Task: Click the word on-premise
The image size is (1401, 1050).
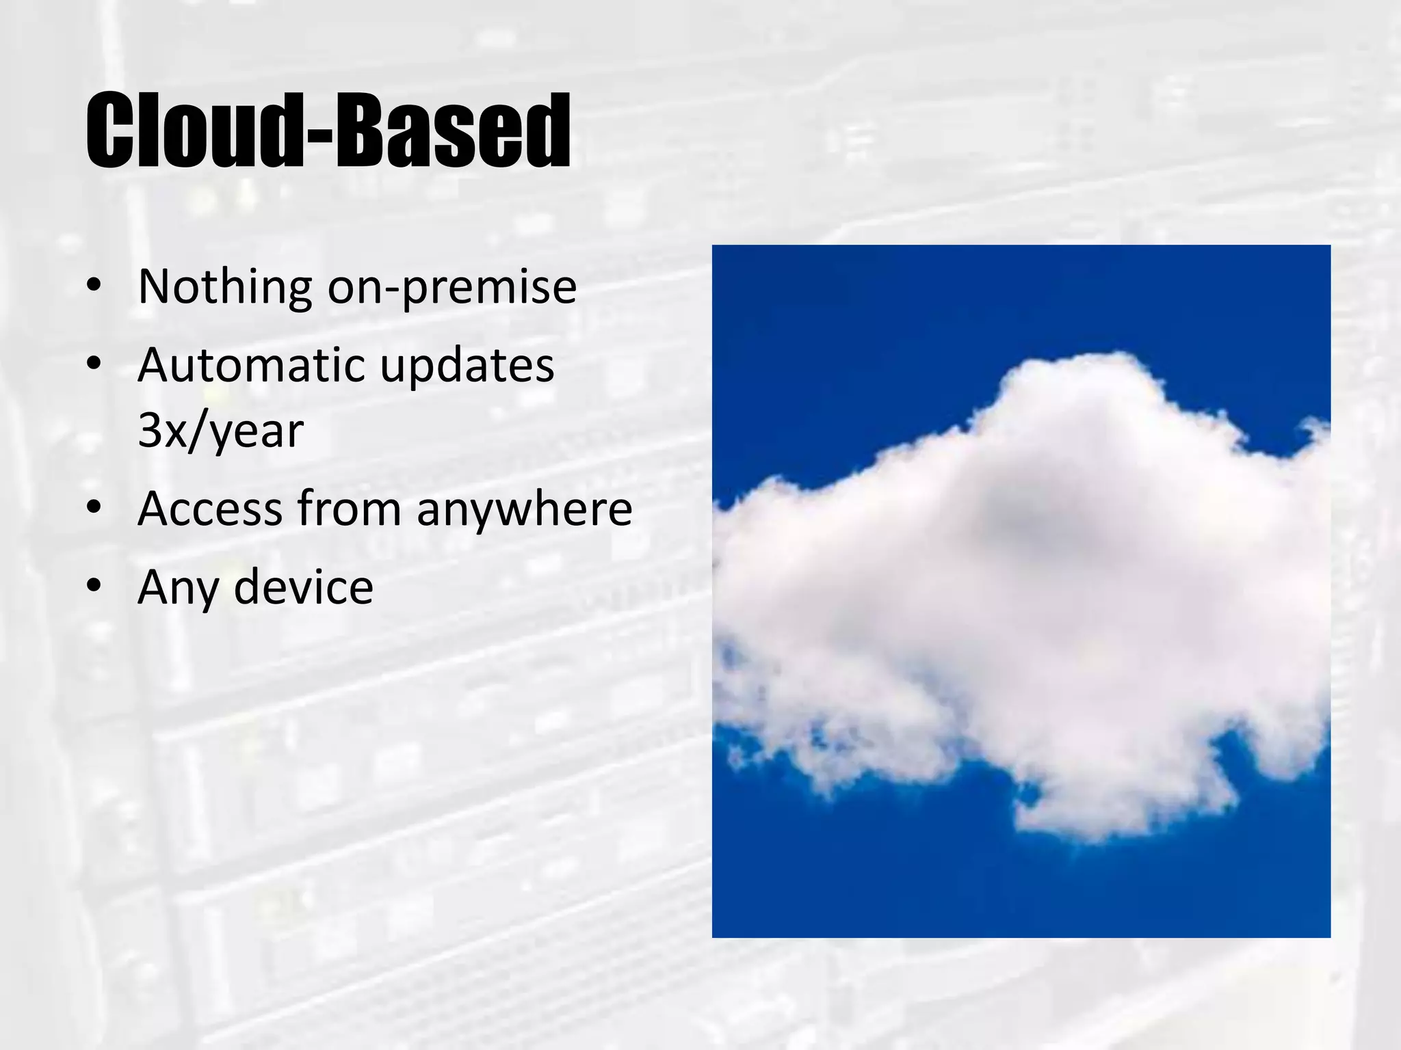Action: coord(451,288)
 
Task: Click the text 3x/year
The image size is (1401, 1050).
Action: coord(220,431)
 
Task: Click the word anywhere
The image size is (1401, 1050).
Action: coord(524,511)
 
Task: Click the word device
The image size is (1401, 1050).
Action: coord(303,587)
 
